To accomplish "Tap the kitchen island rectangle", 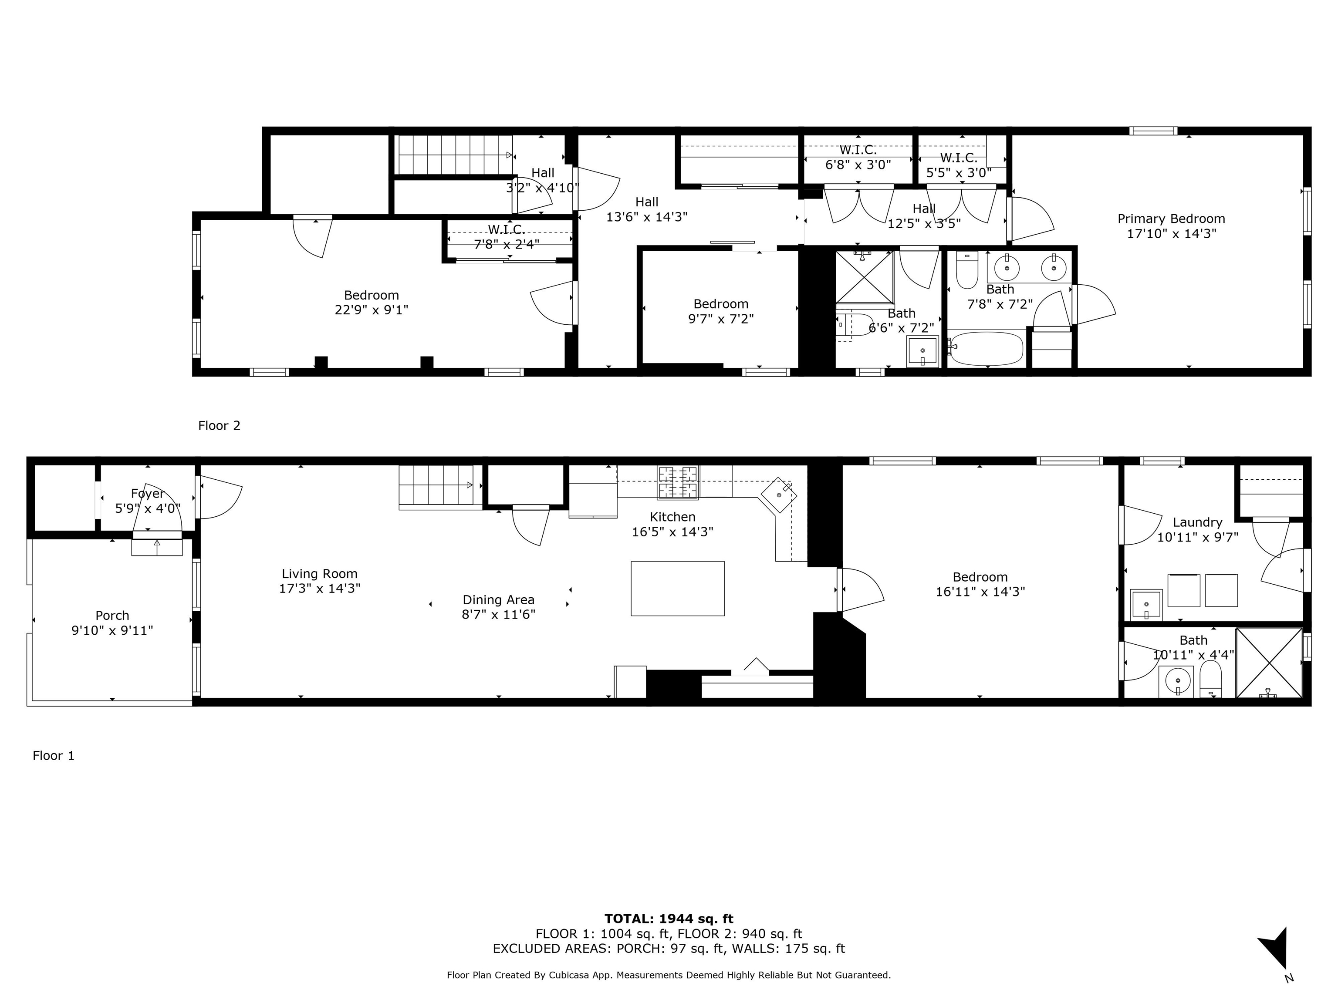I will [677, 588].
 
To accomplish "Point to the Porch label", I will [112, 616].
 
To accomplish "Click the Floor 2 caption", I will [219, 426].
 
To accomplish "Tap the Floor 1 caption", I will [53, 756].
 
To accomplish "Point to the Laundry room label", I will [1197, 522].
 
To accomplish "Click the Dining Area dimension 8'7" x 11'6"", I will [498, 615].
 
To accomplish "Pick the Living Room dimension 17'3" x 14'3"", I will [319, 588].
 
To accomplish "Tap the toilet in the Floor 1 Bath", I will [1210, 680].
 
